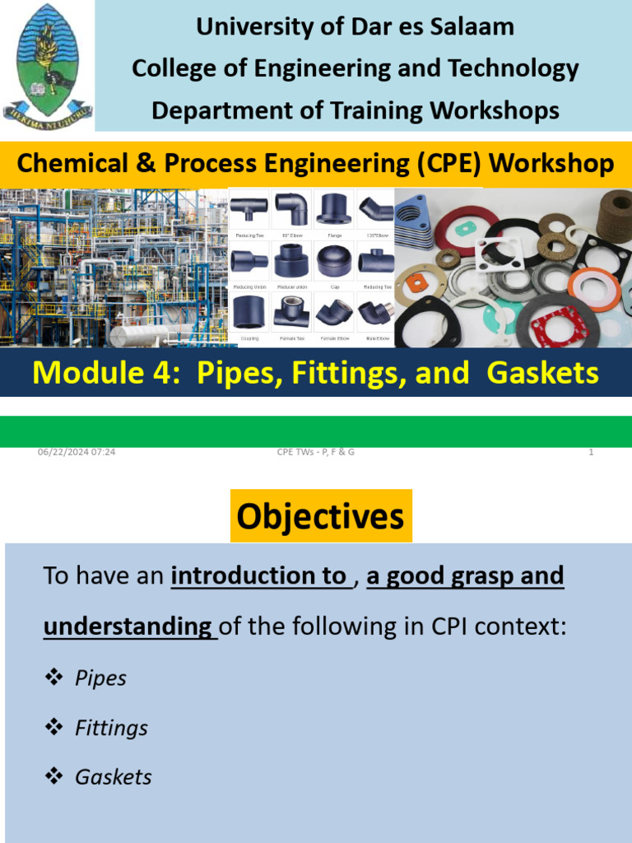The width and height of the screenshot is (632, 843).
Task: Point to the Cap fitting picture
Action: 333,262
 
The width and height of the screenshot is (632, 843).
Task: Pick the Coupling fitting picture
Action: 249,312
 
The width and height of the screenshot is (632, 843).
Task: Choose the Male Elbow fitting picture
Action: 375,312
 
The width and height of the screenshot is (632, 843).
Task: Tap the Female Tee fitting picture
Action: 290,312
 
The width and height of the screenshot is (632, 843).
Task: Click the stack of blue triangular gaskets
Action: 416,218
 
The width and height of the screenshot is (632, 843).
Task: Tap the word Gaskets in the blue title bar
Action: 542,373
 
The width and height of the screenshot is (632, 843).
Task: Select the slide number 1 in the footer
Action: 591,452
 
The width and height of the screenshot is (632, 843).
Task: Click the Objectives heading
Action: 320,517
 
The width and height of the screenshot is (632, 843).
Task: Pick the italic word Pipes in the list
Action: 100,678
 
